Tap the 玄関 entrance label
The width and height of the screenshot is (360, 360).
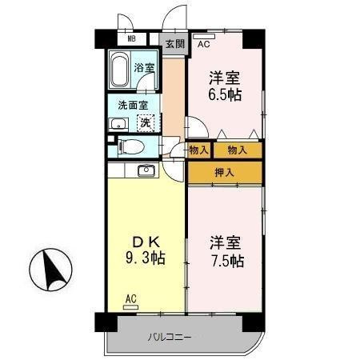pyautogui.click(x=174, y=45)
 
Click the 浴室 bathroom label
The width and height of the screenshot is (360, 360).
pyautogui.click(x=144, y=70)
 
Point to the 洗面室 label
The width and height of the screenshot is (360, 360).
pyautogui.click(x=133, y=106)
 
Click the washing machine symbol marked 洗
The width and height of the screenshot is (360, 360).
pyautogui.click(x=146, y=123)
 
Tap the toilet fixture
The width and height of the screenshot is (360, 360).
pyautogui.click(x=131, y=146)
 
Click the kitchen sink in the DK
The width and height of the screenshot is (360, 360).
pyautogui.click(x=146, y=170)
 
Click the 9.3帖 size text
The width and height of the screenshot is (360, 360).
pyautogui.click(x=144, y=258)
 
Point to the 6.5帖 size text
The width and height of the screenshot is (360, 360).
pyautogui.click(x=226, y=94)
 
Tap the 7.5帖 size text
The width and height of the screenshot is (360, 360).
pyautogui.click(x=227, y=261)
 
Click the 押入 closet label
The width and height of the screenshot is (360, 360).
pyautogui.click(x=225, y=172)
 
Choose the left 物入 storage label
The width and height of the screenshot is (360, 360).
pyautogui.click(x=200, y=150)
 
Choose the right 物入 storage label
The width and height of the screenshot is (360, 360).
pyautogui.click(x=237, y=150)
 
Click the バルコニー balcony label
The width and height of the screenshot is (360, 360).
pyautogui.click(x=169, y=335)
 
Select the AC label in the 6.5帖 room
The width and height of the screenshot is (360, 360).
pyautogui.click(x=203, y=44)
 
